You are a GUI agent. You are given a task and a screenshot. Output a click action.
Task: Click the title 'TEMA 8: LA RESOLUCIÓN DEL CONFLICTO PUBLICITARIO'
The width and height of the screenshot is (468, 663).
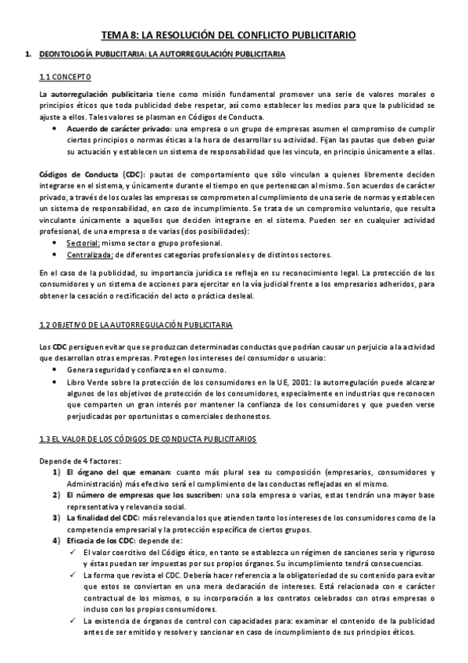(x=230, y=35)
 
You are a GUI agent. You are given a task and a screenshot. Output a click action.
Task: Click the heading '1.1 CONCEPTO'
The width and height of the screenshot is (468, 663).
(x=66, y=77)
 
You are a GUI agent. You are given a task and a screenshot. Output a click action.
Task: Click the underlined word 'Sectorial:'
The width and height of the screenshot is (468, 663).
(x=82, y=243)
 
